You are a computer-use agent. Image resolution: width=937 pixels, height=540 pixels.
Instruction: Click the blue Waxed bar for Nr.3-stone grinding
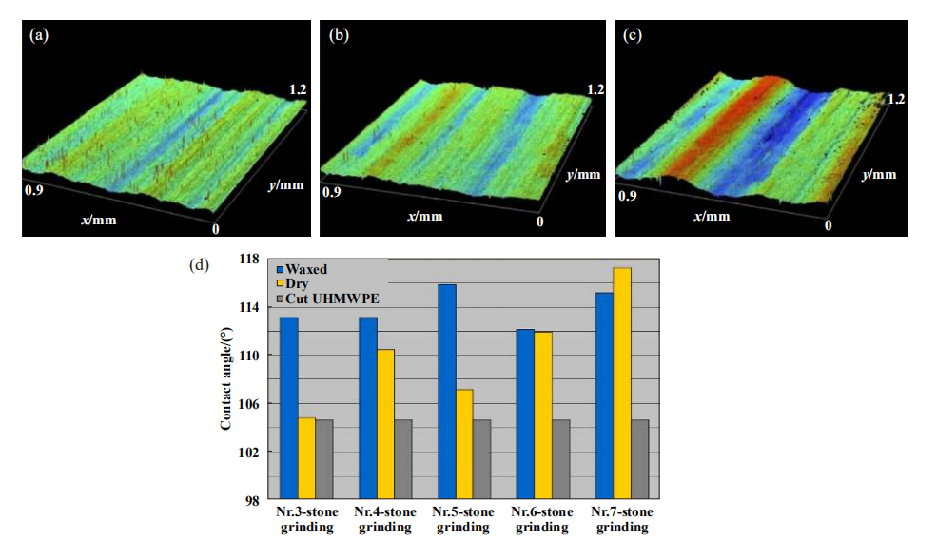click(289, 408)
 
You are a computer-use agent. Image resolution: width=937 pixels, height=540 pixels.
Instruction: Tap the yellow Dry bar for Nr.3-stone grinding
click(307, 458)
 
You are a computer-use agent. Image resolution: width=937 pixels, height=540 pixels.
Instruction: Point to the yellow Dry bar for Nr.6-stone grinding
click(543, 415)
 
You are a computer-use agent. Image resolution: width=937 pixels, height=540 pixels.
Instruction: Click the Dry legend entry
click(298, 283)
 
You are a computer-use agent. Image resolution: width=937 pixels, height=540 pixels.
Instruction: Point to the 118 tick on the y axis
click(248, 259)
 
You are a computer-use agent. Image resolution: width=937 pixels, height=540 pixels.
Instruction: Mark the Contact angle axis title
click(226, 379)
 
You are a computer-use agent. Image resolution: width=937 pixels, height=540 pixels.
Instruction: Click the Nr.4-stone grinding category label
click(385, 520)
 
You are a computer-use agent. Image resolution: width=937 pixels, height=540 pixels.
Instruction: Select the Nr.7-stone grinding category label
click(622, 520)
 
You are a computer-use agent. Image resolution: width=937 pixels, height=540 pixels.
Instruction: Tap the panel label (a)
click(39, 35)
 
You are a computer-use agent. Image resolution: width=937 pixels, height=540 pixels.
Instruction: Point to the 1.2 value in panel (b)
click(595, 90)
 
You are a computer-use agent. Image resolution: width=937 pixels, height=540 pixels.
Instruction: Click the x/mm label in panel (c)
click(712, 216)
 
